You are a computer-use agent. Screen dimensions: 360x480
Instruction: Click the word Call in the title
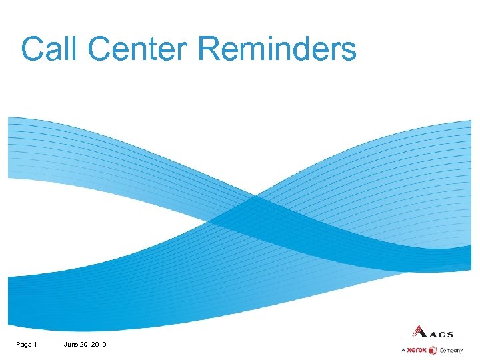click(49, 49)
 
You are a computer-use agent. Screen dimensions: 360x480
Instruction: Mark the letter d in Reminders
click(303, 49)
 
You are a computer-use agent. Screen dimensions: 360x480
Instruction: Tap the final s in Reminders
click(349, 52)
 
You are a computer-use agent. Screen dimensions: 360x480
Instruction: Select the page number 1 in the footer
click(35, 344)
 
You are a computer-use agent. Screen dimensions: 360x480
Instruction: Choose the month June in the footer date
click(71, 344)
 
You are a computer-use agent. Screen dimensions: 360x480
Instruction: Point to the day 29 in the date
click(85, 344)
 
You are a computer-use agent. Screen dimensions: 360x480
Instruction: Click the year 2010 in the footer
click(99, 344)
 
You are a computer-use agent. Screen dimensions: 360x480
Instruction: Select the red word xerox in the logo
click(417, 350)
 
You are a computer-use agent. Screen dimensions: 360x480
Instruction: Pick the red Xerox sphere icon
click(432, 350)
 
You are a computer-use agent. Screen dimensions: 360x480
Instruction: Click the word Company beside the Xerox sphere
click(451, 351)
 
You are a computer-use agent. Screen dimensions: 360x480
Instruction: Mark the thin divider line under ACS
click(432, 341)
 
